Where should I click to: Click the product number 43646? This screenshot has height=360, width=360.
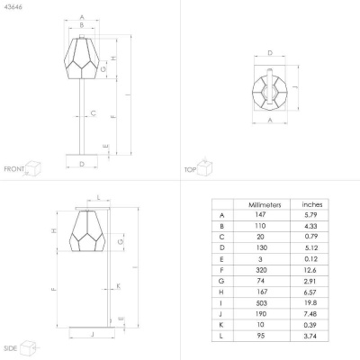[13, 6]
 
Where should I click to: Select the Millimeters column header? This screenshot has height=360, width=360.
[265, 205]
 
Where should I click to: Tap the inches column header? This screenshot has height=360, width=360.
[312, 204]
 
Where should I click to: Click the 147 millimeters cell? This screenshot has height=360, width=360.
[260, 215]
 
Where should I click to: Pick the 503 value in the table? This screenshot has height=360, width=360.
[261, 303]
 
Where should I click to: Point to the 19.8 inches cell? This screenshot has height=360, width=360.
[310, 302]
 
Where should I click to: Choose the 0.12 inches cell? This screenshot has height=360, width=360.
[310, 259]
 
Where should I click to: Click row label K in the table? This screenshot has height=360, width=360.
[221, 325]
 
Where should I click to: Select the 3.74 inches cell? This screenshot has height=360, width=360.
[310, 336]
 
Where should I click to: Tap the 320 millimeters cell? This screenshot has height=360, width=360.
[261, 270]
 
